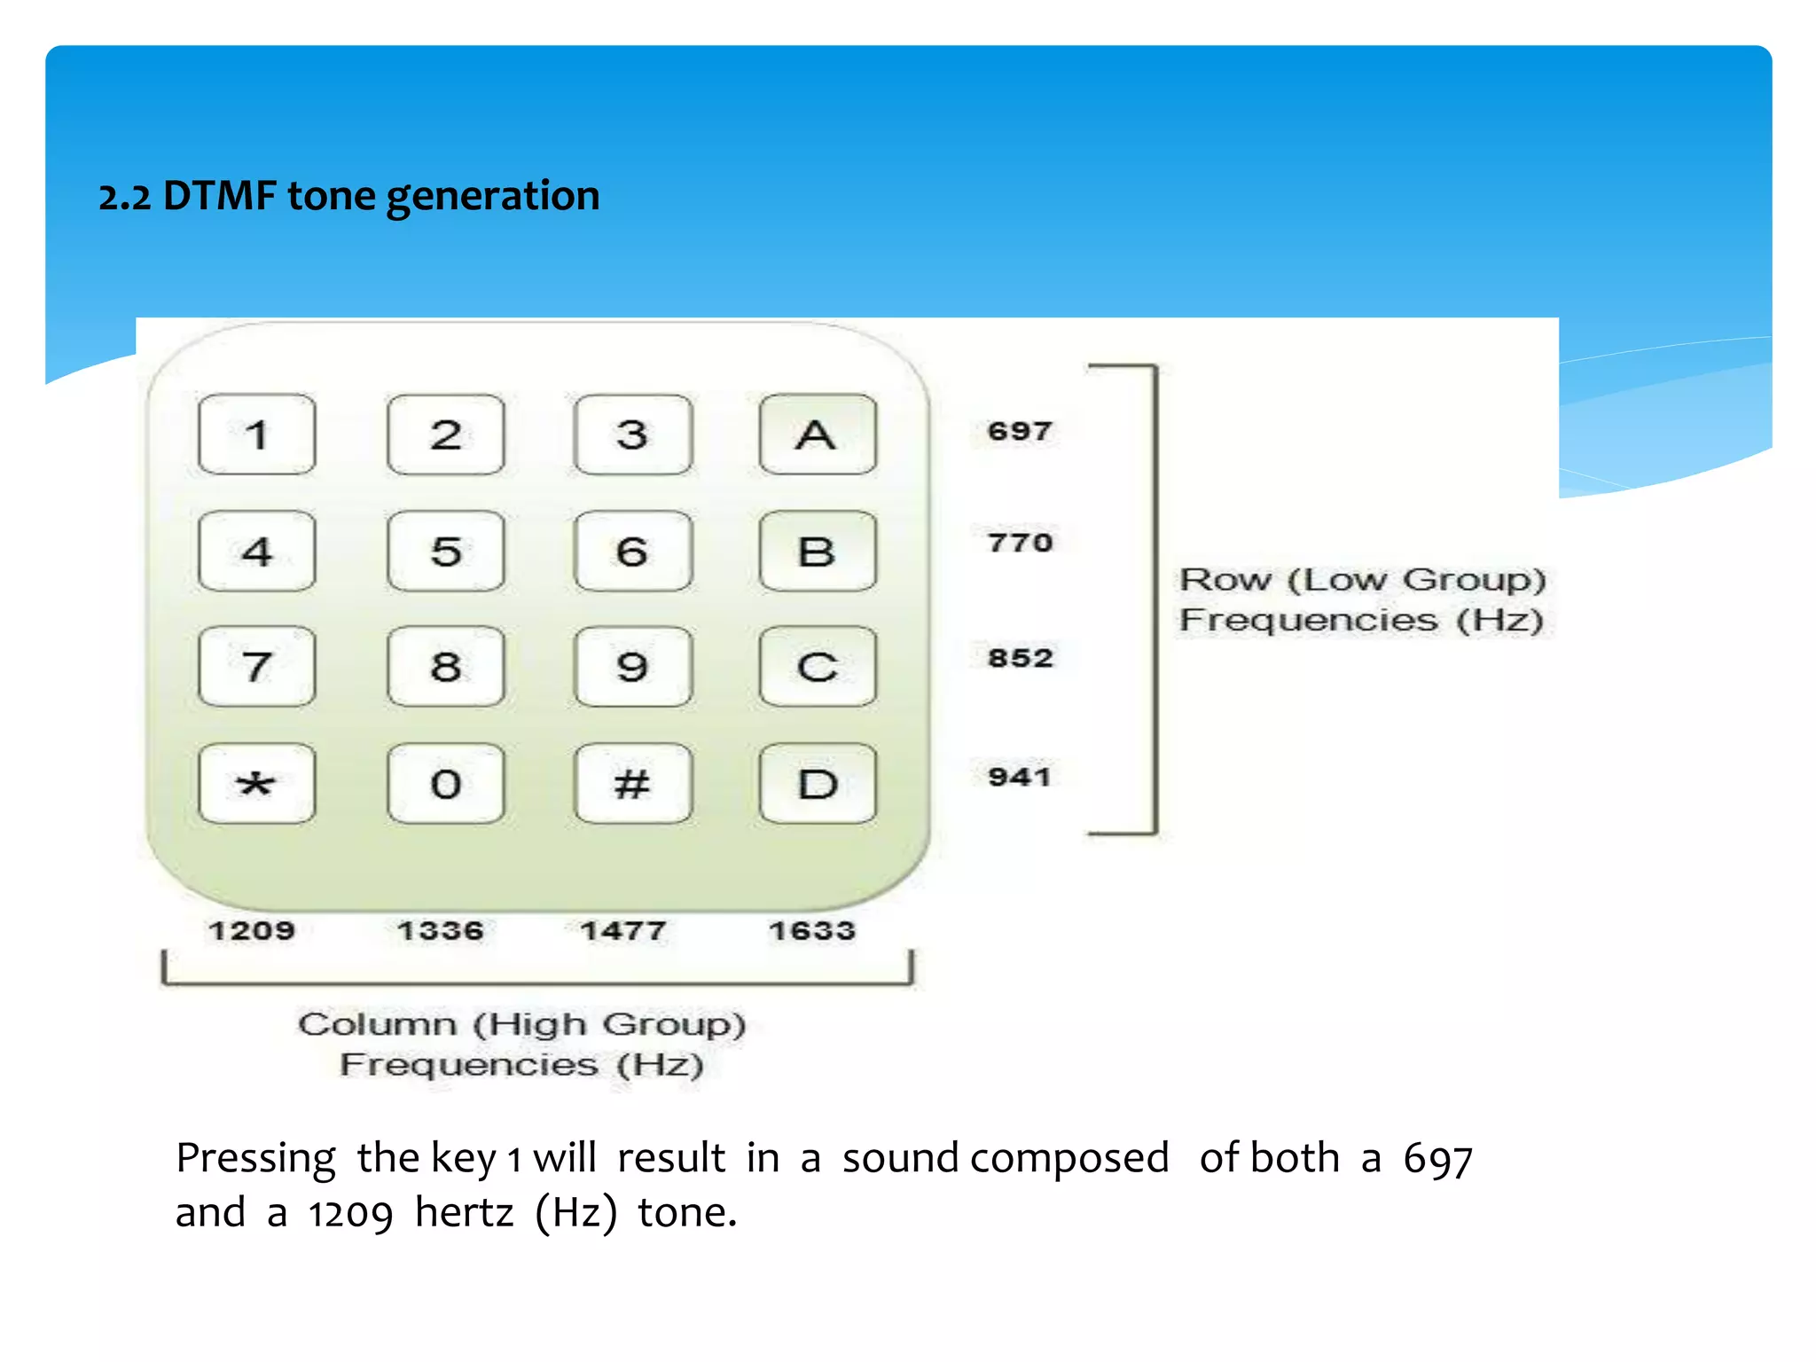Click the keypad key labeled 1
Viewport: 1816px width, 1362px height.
point(257,434)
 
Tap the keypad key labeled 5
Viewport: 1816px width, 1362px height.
point(446,552)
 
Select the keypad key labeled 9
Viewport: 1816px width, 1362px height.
point(632,667)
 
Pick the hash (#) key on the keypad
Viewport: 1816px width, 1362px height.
point(632,784)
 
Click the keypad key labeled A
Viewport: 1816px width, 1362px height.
point(817,434)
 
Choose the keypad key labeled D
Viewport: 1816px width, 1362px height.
point(817,784)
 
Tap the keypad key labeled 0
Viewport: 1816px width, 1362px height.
point(446,784)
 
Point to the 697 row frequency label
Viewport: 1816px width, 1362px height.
point(1020,431)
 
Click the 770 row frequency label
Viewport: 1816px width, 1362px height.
point(1020,542)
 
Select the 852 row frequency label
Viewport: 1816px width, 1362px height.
point(1020,658)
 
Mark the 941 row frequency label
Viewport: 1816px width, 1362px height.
point(1020,777)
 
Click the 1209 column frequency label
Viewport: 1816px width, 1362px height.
point(252,930)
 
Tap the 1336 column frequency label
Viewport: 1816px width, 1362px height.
point(441,930)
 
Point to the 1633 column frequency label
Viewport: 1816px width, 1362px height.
point(812,930)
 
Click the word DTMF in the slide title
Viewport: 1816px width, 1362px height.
point(219,196)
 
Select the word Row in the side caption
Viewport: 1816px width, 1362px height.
point(1225,580)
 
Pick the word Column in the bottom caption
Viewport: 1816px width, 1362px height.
point(377,1024)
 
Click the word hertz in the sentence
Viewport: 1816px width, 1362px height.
point(464,1212)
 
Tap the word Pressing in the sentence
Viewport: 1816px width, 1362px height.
point(255,1159)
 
